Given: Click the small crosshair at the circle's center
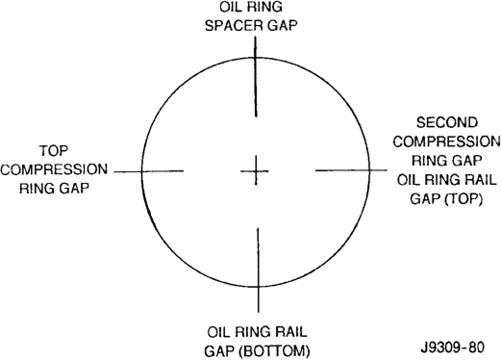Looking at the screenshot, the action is tap(256, 171).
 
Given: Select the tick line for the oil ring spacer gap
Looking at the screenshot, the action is tap(256, 76).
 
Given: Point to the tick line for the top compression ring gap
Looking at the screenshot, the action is tap(149, 171).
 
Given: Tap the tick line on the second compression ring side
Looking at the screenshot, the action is tap(351, 170).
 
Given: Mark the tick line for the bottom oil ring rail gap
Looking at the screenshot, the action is tap(258, 270).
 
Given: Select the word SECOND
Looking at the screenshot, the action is tap(447, 122).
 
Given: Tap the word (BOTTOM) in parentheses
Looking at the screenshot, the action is tap(275, 351).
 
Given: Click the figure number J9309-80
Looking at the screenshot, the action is tap(453, 347).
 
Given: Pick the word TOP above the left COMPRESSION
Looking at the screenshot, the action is tap(54, 151).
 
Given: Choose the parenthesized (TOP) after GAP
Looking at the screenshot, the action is tap(463, 199).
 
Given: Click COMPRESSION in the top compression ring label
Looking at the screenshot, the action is tap(54, 169).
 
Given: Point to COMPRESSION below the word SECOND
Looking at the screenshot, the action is tap(446, 141).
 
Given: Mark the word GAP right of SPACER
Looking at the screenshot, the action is tap(283, 25).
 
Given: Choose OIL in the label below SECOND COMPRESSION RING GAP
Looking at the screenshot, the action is tap(409, 180).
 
